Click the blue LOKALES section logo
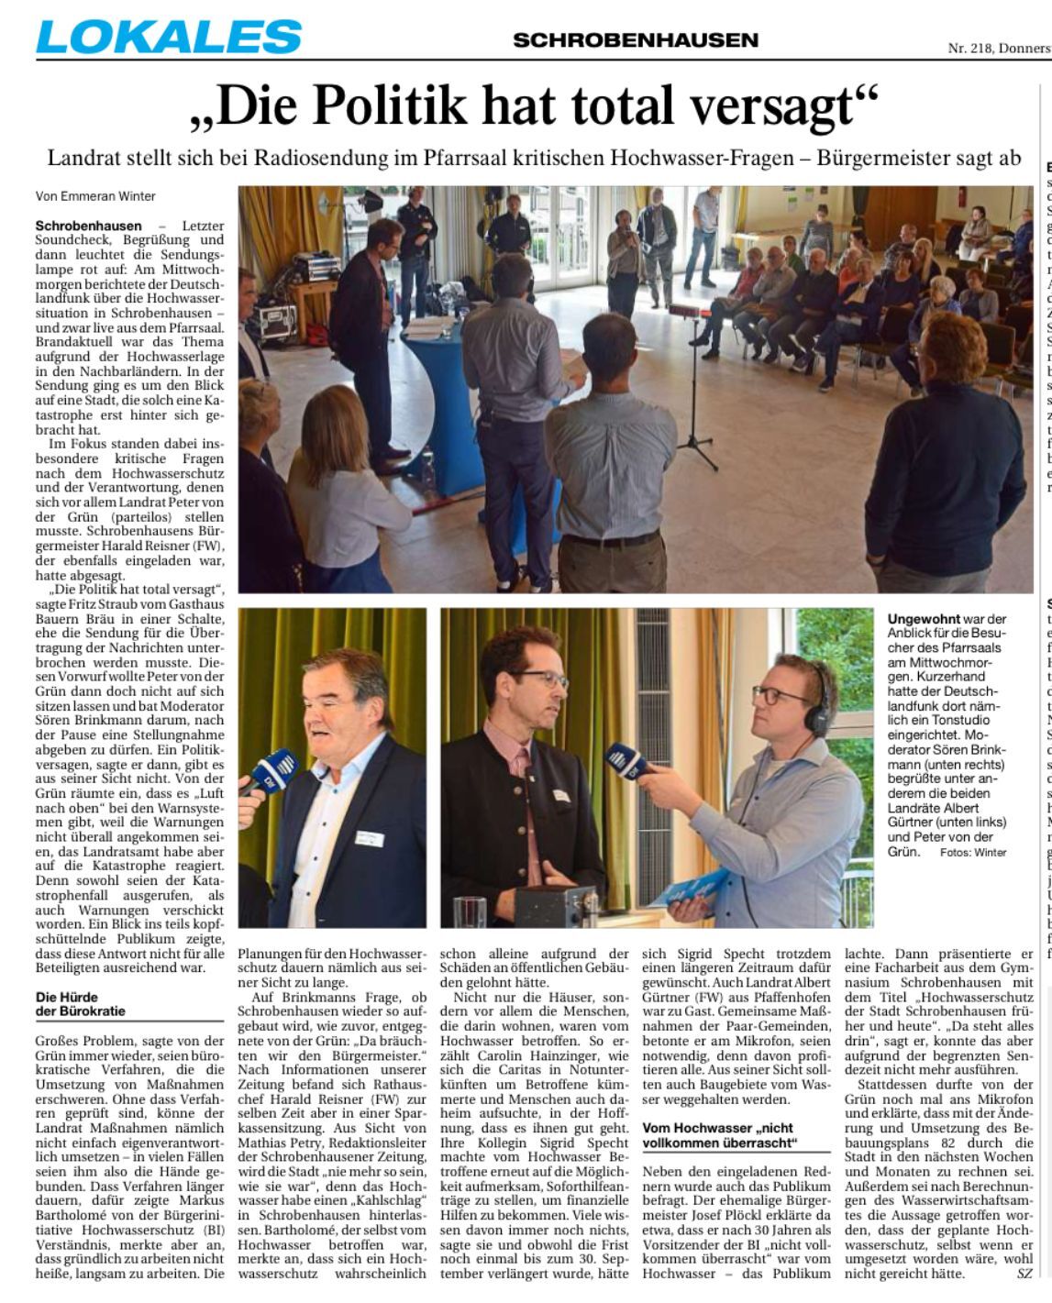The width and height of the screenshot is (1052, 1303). coord(169,37)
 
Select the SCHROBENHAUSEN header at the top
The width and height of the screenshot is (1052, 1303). coord(636,39)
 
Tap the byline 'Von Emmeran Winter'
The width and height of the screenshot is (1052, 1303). coord(95,196)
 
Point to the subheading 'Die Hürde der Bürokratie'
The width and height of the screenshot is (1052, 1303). coord(80,1003)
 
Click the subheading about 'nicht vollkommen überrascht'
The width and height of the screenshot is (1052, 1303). coord(718,1135)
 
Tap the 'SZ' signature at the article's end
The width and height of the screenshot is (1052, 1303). coord(1024,1273)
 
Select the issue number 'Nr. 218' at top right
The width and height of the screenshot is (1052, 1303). coord(969,49)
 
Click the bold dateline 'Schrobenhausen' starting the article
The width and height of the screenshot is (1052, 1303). coord(89,226)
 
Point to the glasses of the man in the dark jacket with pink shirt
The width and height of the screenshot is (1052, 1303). coord(540,680)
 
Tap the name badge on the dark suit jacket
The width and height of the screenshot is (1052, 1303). coord(369,812)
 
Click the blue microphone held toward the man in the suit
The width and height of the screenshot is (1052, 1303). coord(272,768)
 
